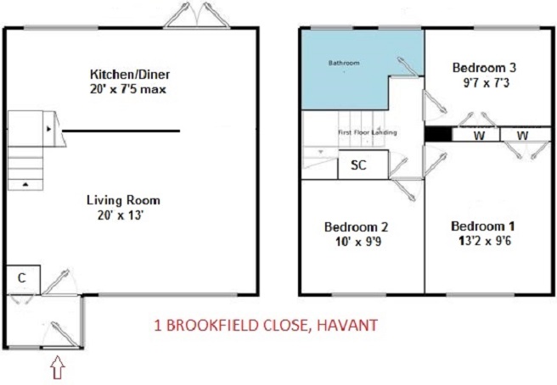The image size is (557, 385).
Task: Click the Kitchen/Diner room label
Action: click(x=130, y=75)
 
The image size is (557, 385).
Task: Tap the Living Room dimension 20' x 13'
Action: click(x=120, y=215)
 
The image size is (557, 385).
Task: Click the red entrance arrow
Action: click(x=58, y=367)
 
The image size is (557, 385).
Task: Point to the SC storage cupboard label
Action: click(x=358, y=165)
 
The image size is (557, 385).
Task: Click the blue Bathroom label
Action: click(x=344, y=63)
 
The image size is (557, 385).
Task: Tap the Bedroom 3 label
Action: click(x=484, y=68)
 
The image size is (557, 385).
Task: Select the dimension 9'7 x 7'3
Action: click(x=486, y=82)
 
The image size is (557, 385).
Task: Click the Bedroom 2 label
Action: click(x=356, y=226)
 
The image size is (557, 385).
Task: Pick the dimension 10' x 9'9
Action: click(x=358, y=242)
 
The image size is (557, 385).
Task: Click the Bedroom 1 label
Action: click(x=483, y=226)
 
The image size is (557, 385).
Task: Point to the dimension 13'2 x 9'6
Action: click(x=485, y=242)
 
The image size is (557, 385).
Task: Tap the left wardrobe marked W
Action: click(x=479, y=135)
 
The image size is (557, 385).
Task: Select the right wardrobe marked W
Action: click(x=522, y=135)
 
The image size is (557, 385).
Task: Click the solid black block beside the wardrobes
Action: click(x=438, y=135)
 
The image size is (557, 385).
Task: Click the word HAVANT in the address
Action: click(x=346, y=325)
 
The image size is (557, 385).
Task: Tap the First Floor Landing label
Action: click(x=367, y=132)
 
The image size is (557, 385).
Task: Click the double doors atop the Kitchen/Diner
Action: click(x=196, y=15)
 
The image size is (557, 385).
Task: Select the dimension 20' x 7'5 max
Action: click(x=128, y=89)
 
